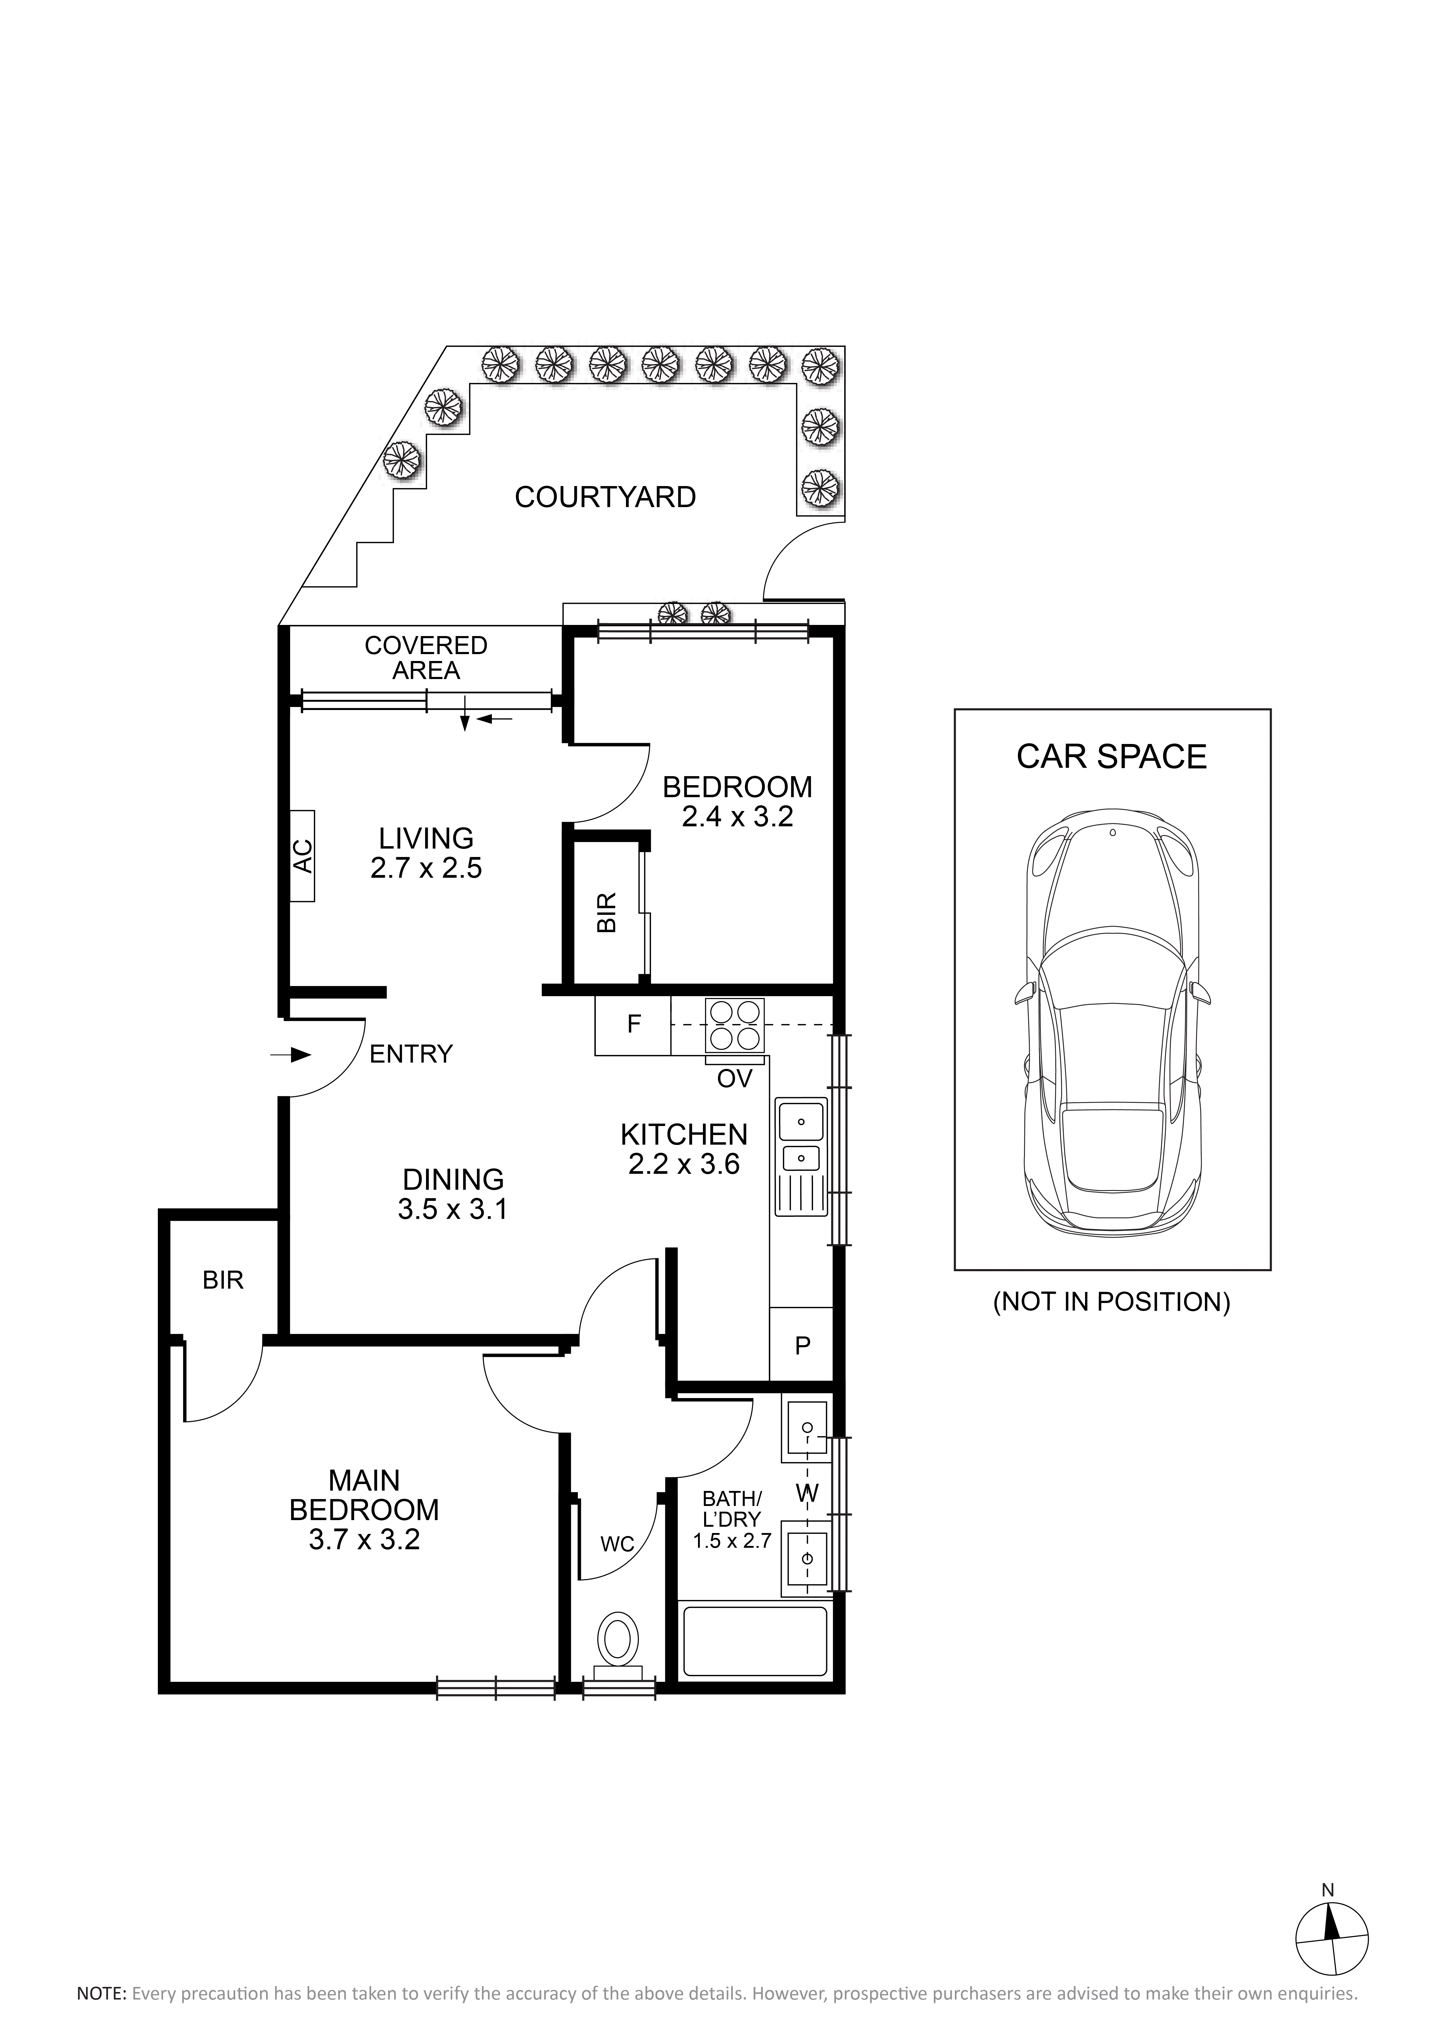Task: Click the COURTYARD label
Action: [605, 497]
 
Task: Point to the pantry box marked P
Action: [802, 1345]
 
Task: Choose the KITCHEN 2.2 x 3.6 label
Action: [684, 1149]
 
